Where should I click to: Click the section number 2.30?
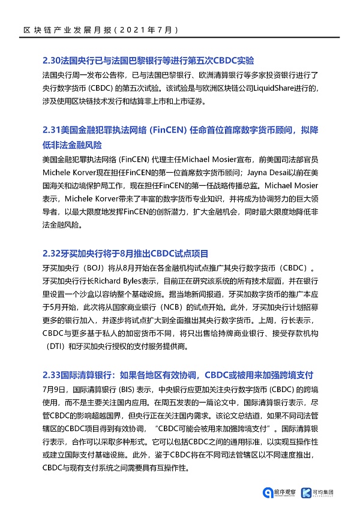pos(52,61)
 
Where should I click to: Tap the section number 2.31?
pos(52,129)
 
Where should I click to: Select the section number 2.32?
pos(52,254)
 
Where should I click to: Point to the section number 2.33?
pos(52,375)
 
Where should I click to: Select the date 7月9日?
pos(55,387)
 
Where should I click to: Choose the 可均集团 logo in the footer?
pos(326,492)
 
